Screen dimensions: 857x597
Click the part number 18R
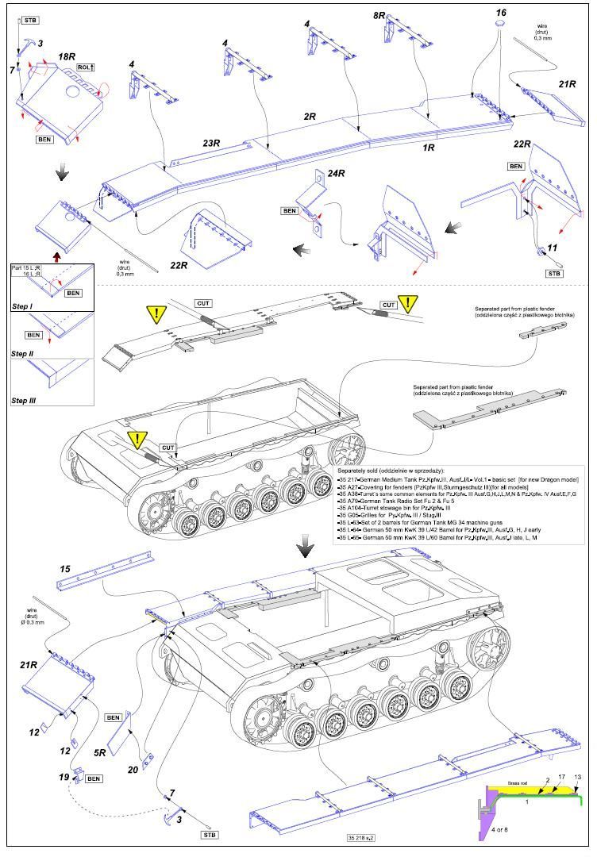tap(67, 58)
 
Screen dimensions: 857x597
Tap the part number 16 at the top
tap(501, 13)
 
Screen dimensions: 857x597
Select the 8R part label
tap(382, 16)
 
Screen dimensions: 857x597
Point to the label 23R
tap(210, 144)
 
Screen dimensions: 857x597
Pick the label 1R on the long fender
tap(428, 148)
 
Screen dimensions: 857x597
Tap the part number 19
tap(63, 777)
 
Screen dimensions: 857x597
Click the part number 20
tap(133, 769)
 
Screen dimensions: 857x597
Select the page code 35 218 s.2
tap(361, 838)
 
